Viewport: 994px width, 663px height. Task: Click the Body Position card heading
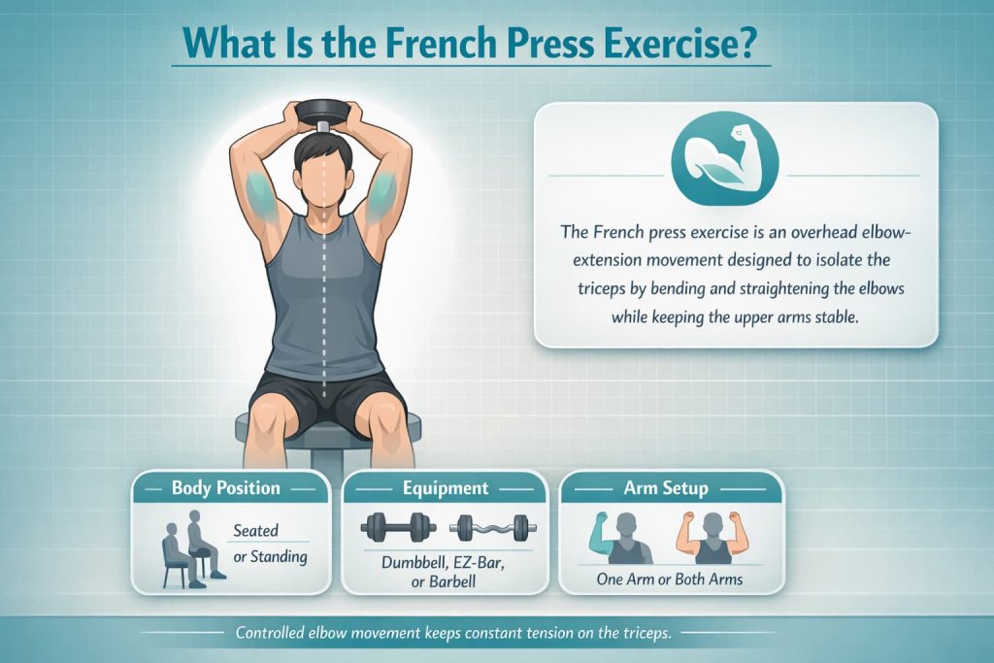226,488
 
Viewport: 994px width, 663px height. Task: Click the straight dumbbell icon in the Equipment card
395,529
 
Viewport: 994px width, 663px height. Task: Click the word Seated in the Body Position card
256,531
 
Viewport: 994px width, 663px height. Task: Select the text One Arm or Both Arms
671,579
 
